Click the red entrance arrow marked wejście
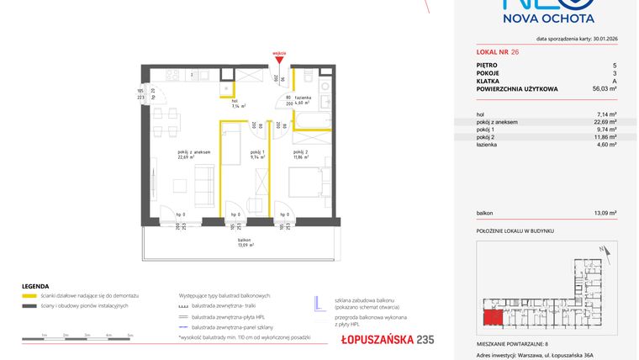point(280,59)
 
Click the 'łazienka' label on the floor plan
point(304,99)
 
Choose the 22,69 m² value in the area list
point(605,122)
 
